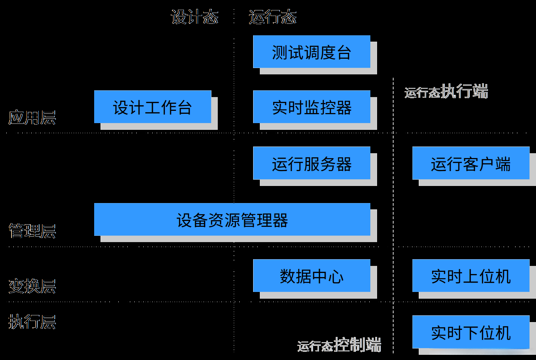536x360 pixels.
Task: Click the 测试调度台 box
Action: pos(312,52)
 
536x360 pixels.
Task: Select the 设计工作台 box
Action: pos(153,107)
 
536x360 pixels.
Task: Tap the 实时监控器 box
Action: pos(312,107)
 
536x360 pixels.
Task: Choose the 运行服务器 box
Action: pos(312,164)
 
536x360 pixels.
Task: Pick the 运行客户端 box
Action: pos(470,164)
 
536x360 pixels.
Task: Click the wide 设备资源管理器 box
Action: pos(232,220)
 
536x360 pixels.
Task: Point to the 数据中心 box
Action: pos(312,276)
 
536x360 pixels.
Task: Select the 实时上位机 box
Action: pos(470,276)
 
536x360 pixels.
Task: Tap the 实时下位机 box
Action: pos(470,332)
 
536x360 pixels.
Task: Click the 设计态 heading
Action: pos(195,17)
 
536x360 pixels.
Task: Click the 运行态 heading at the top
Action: pos(272,17)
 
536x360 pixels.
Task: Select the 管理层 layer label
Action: pos(32,231)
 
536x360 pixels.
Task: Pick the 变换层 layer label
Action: pos(32,286)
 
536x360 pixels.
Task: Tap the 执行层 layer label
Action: pos(32,322)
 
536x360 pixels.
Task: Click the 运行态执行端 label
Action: pos(446,91)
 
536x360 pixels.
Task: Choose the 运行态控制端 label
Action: pos(339,345)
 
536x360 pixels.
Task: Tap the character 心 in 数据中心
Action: pos(336,277)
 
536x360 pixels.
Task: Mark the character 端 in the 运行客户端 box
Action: pos(503,164)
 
